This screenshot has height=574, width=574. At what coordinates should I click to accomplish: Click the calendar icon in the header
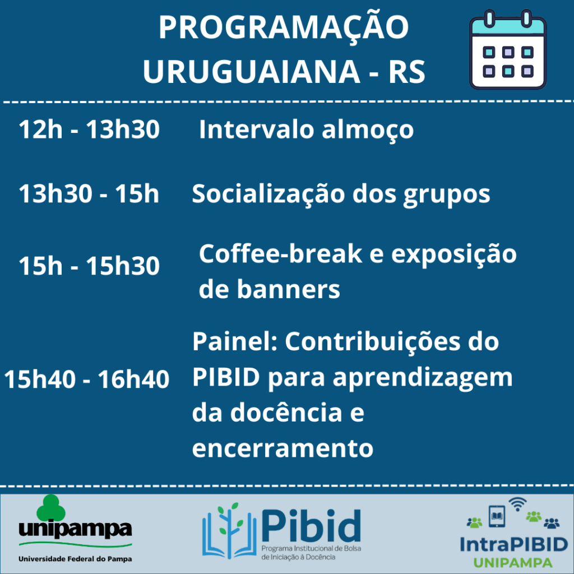[508, 50]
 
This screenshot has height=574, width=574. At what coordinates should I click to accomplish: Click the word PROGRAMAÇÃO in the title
[284, 28]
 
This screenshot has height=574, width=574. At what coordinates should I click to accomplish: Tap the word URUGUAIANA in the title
[252, 71]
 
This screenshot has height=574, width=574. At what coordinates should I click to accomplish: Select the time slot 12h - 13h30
[89, 129]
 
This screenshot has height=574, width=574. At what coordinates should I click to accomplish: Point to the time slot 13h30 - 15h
[89, 193]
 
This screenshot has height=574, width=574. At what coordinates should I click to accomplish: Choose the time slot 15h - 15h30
[89, 265]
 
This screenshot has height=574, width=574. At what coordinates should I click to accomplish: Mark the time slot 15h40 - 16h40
[87, 379]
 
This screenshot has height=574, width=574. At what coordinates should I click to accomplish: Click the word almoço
[368, 131]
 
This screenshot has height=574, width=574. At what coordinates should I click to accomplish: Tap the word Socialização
[269, 195]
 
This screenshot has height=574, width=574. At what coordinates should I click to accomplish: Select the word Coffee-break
[281, 253]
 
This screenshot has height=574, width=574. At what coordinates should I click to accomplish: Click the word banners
[289, 289]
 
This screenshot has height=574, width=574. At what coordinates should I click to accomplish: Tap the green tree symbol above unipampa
[51, 508]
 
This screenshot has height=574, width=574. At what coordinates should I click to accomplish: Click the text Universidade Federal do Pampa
[75, 559]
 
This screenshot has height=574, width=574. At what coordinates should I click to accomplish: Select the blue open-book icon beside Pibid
[229, 530]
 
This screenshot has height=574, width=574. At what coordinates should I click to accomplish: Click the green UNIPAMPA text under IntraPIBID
[513, 563]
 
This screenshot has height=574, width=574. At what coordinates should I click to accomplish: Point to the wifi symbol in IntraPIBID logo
[517, 504]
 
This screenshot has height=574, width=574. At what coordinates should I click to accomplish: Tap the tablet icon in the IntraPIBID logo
[497, 516]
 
